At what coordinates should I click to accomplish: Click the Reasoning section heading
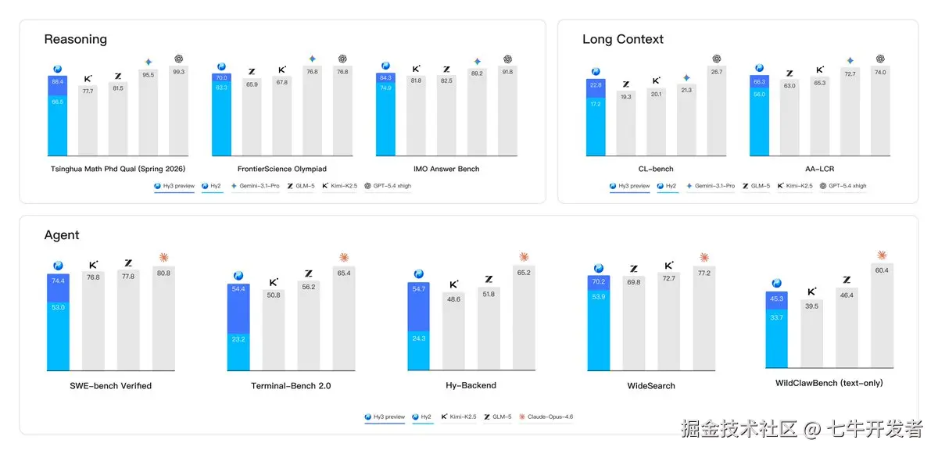pos(75,39)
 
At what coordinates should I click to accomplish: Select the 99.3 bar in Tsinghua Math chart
pos(179,113)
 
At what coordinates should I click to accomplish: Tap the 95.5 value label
pos(147,75)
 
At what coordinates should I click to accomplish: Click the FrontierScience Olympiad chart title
pos(282,169)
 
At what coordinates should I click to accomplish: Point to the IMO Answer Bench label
pos(447,169)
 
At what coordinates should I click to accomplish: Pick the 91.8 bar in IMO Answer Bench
pos(508,113)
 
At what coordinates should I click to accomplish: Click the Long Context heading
pos(623,39)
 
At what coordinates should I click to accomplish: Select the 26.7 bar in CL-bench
pos(717,113)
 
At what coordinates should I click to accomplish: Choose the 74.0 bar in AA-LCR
pos(880,113)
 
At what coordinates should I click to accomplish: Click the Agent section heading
pos(62,235)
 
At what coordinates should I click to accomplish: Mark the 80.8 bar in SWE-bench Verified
pos(164,320)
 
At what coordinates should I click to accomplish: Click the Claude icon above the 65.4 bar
pos(344,258)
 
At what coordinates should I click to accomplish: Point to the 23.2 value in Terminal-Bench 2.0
pos(238,340)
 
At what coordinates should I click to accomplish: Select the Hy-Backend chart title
pos(466,385)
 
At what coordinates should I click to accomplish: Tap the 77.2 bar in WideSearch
pos(703,320)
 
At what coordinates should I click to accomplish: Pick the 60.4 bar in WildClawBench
pos(882,316)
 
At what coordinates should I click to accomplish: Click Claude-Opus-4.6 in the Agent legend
pos(550,417)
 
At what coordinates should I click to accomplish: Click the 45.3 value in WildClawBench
pos(776,298)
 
